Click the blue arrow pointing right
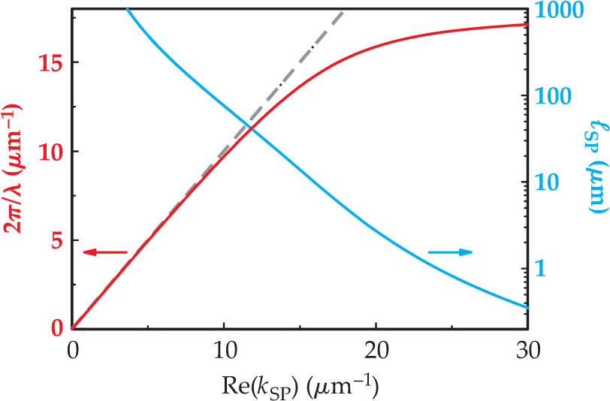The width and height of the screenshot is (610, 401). pyautogui.click(x=451, y=252)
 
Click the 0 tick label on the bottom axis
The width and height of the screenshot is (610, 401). pyautogui.click(x=73, y=350)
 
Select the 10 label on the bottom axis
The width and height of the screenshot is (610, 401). pyautogui.click(x=224, y=350)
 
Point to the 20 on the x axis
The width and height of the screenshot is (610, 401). pyautogui.click(x=376, y=350)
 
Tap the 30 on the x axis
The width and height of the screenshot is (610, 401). pyautogui.click(x=527, y=350)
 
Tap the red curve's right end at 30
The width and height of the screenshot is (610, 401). pyautogui.click(x=527, y=25)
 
